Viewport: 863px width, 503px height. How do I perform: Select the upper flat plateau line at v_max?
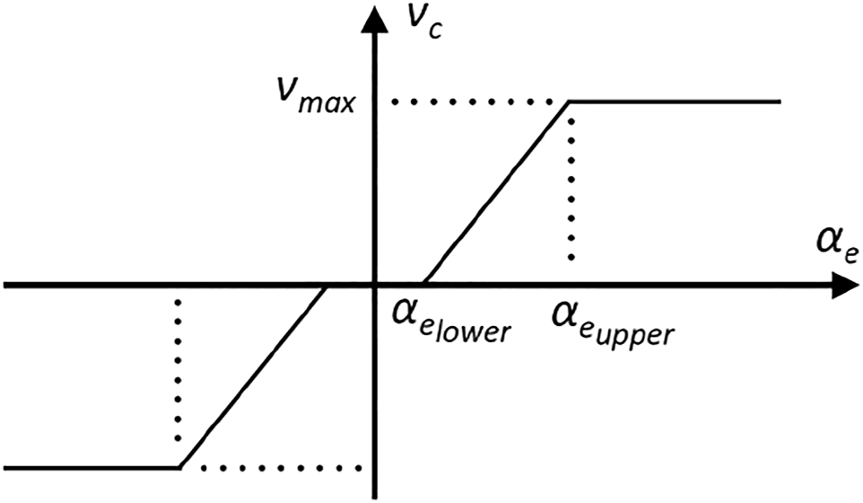click(x=673, y=101)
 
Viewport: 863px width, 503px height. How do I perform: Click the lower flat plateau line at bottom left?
click(x=90, y=468)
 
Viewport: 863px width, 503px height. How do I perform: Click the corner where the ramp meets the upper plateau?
click(x=570, y=101)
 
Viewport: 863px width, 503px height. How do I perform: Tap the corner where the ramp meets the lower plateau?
click(x=179, y=468)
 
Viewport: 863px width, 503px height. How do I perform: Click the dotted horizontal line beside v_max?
click(x=466, y=101)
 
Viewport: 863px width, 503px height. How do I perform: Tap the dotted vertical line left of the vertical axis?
click(x=179, y=377)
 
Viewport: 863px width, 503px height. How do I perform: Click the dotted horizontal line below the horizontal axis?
click(x=278, y=468)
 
